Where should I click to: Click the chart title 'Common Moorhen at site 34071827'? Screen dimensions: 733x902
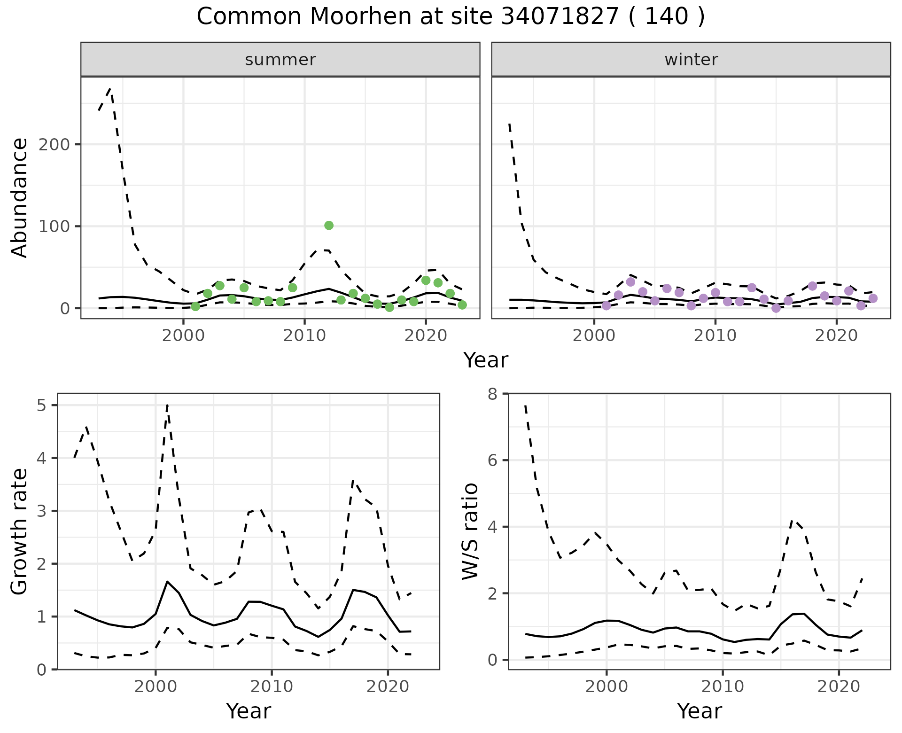450,17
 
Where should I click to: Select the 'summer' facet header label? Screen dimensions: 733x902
280,60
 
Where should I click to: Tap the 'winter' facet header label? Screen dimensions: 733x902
691,60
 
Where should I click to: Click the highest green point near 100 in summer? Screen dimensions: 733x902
329,226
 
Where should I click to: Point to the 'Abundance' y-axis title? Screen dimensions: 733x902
20,197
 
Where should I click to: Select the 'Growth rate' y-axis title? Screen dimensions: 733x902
20,531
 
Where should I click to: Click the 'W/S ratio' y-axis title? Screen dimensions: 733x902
470,531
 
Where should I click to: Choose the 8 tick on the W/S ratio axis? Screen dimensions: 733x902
492,394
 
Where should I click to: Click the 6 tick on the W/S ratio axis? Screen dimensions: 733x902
492,460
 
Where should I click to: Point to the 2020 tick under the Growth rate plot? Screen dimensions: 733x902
388,686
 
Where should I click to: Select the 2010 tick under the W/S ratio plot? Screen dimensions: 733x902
723,686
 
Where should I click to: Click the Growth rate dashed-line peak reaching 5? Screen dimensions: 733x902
167,405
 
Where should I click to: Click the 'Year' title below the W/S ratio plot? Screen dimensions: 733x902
699,711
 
